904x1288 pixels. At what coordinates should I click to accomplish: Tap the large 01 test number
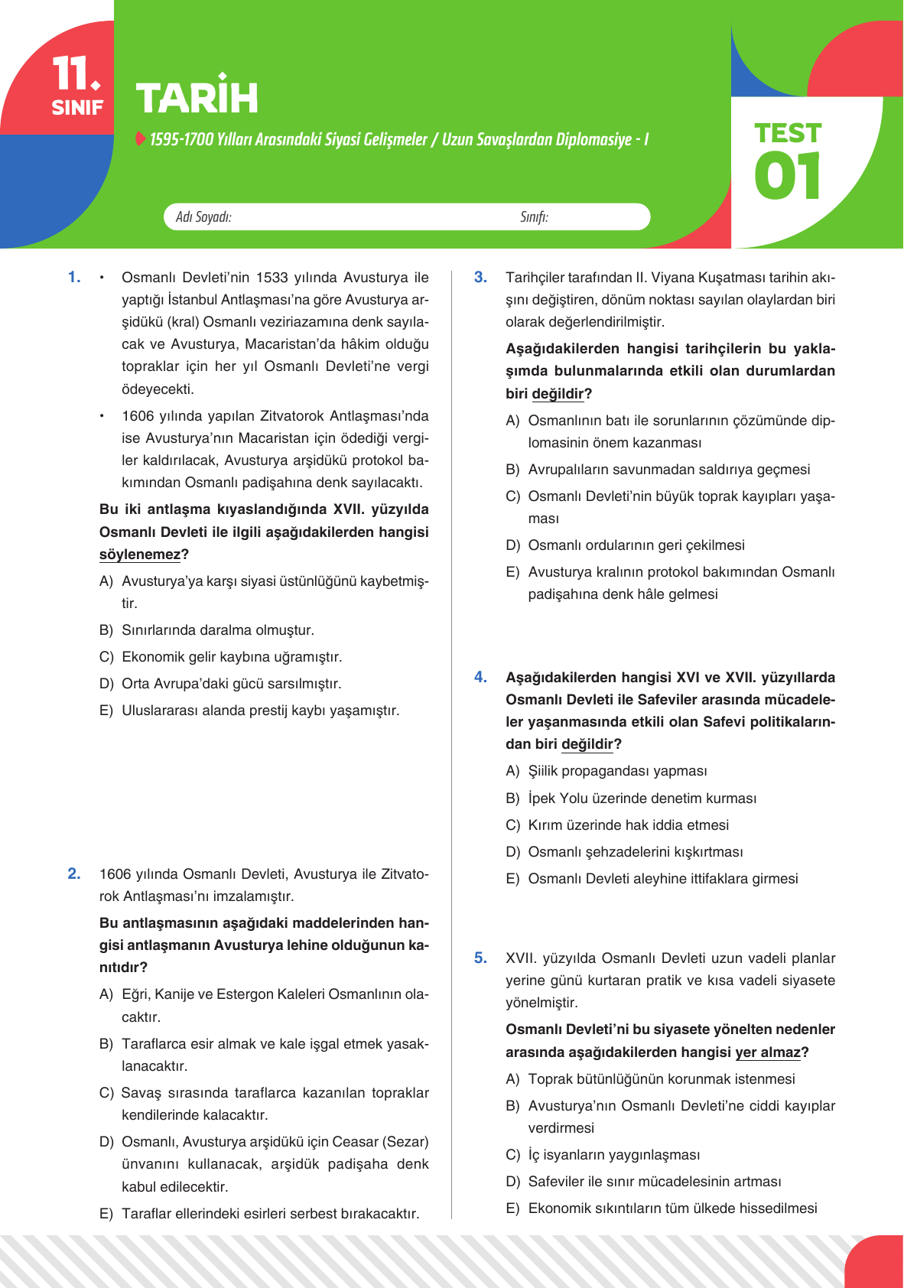click(787, 176)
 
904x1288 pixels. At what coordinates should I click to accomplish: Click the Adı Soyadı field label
click(203, 217)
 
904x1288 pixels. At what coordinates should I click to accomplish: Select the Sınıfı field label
click(534, 217)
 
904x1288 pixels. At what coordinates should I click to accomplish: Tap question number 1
click(74, 277)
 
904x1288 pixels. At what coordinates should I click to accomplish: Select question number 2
click(74, 873)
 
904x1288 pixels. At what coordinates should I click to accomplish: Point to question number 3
click(480, 277)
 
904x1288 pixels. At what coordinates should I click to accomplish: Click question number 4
click(480, 677)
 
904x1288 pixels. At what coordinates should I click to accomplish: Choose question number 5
click(480, 958)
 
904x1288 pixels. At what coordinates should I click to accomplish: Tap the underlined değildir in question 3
click(558, 394)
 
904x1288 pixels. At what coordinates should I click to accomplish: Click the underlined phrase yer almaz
click(768, 1052)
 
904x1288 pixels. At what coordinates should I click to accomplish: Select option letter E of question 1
click(106, 711)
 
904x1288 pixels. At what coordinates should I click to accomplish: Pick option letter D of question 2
click(106, 1142)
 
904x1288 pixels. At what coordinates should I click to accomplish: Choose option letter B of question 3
click(512, 470)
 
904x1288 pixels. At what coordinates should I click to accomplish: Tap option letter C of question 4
click(512, 825)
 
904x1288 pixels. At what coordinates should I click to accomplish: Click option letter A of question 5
click(512, 1079)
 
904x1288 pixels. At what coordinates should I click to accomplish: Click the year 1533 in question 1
click(272, 278)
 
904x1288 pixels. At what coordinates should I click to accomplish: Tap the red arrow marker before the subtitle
click(140, 138)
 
